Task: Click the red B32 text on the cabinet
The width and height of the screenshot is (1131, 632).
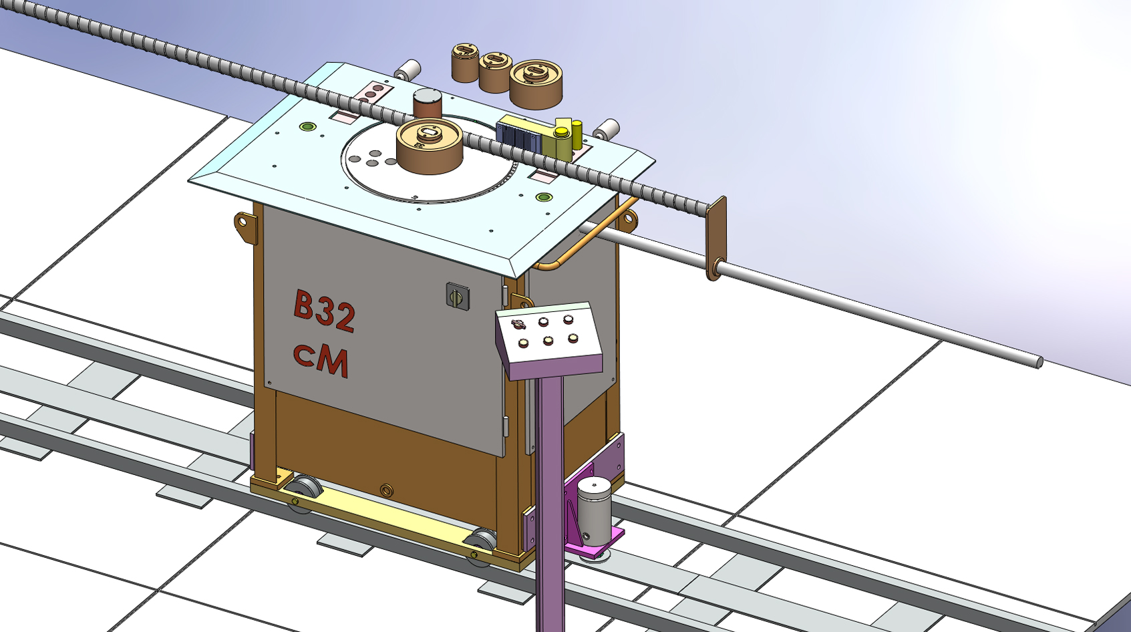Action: (324, 311)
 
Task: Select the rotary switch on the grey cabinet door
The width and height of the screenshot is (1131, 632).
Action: (458, 297)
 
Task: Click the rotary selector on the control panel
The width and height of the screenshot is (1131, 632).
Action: (518, 324)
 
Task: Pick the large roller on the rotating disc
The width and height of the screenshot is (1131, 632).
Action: (430, 146)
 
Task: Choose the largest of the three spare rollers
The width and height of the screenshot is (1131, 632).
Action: (536, 84)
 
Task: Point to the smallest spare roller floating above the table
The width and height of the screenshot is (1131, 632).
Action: (465, 63)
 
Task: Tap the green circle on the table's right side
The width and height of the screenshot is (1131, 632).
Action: (544, 197)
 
